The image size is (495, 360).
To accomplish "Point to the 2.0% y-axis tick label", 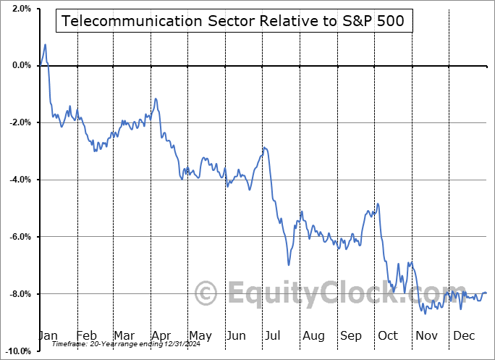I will pyautogui.click(x=20, y=9).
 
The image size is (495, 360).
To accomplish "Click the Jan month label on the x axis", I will pyautogui.click(x=48, y=336).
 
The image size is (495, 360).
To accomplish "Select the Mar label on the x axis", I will pyautogui.click(x=124, y=336).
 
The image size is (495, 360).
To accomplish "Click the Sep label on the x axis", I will pyautogui.click(x=352, y=336).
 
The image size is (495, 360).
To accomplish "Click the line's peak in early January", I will pyautogui.click(x=45, y=45).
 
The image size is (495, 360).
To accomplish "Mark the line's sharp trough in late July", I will pyautogui.click(x=288, y=265).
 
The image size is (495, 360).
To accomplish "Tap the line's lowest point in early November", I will pyautogui.click(x=425, y=313).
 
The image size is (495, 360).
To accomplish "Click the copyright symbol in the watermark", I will pyautogui.click(x=207, y=294).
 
